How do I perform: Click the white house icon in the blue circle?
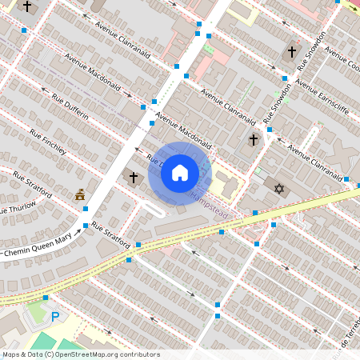(x=180, y=172)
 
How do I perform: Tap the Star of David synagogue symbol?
(x=279, y=189)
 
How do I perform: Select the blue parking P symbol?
(x=55, y=317)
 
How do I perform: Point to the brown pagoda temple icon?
(x=80, y=194)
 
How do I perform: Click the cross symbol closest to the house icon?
(x=134, y=176)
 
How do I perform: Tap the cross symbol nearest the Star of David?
(x=254, y=140)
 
